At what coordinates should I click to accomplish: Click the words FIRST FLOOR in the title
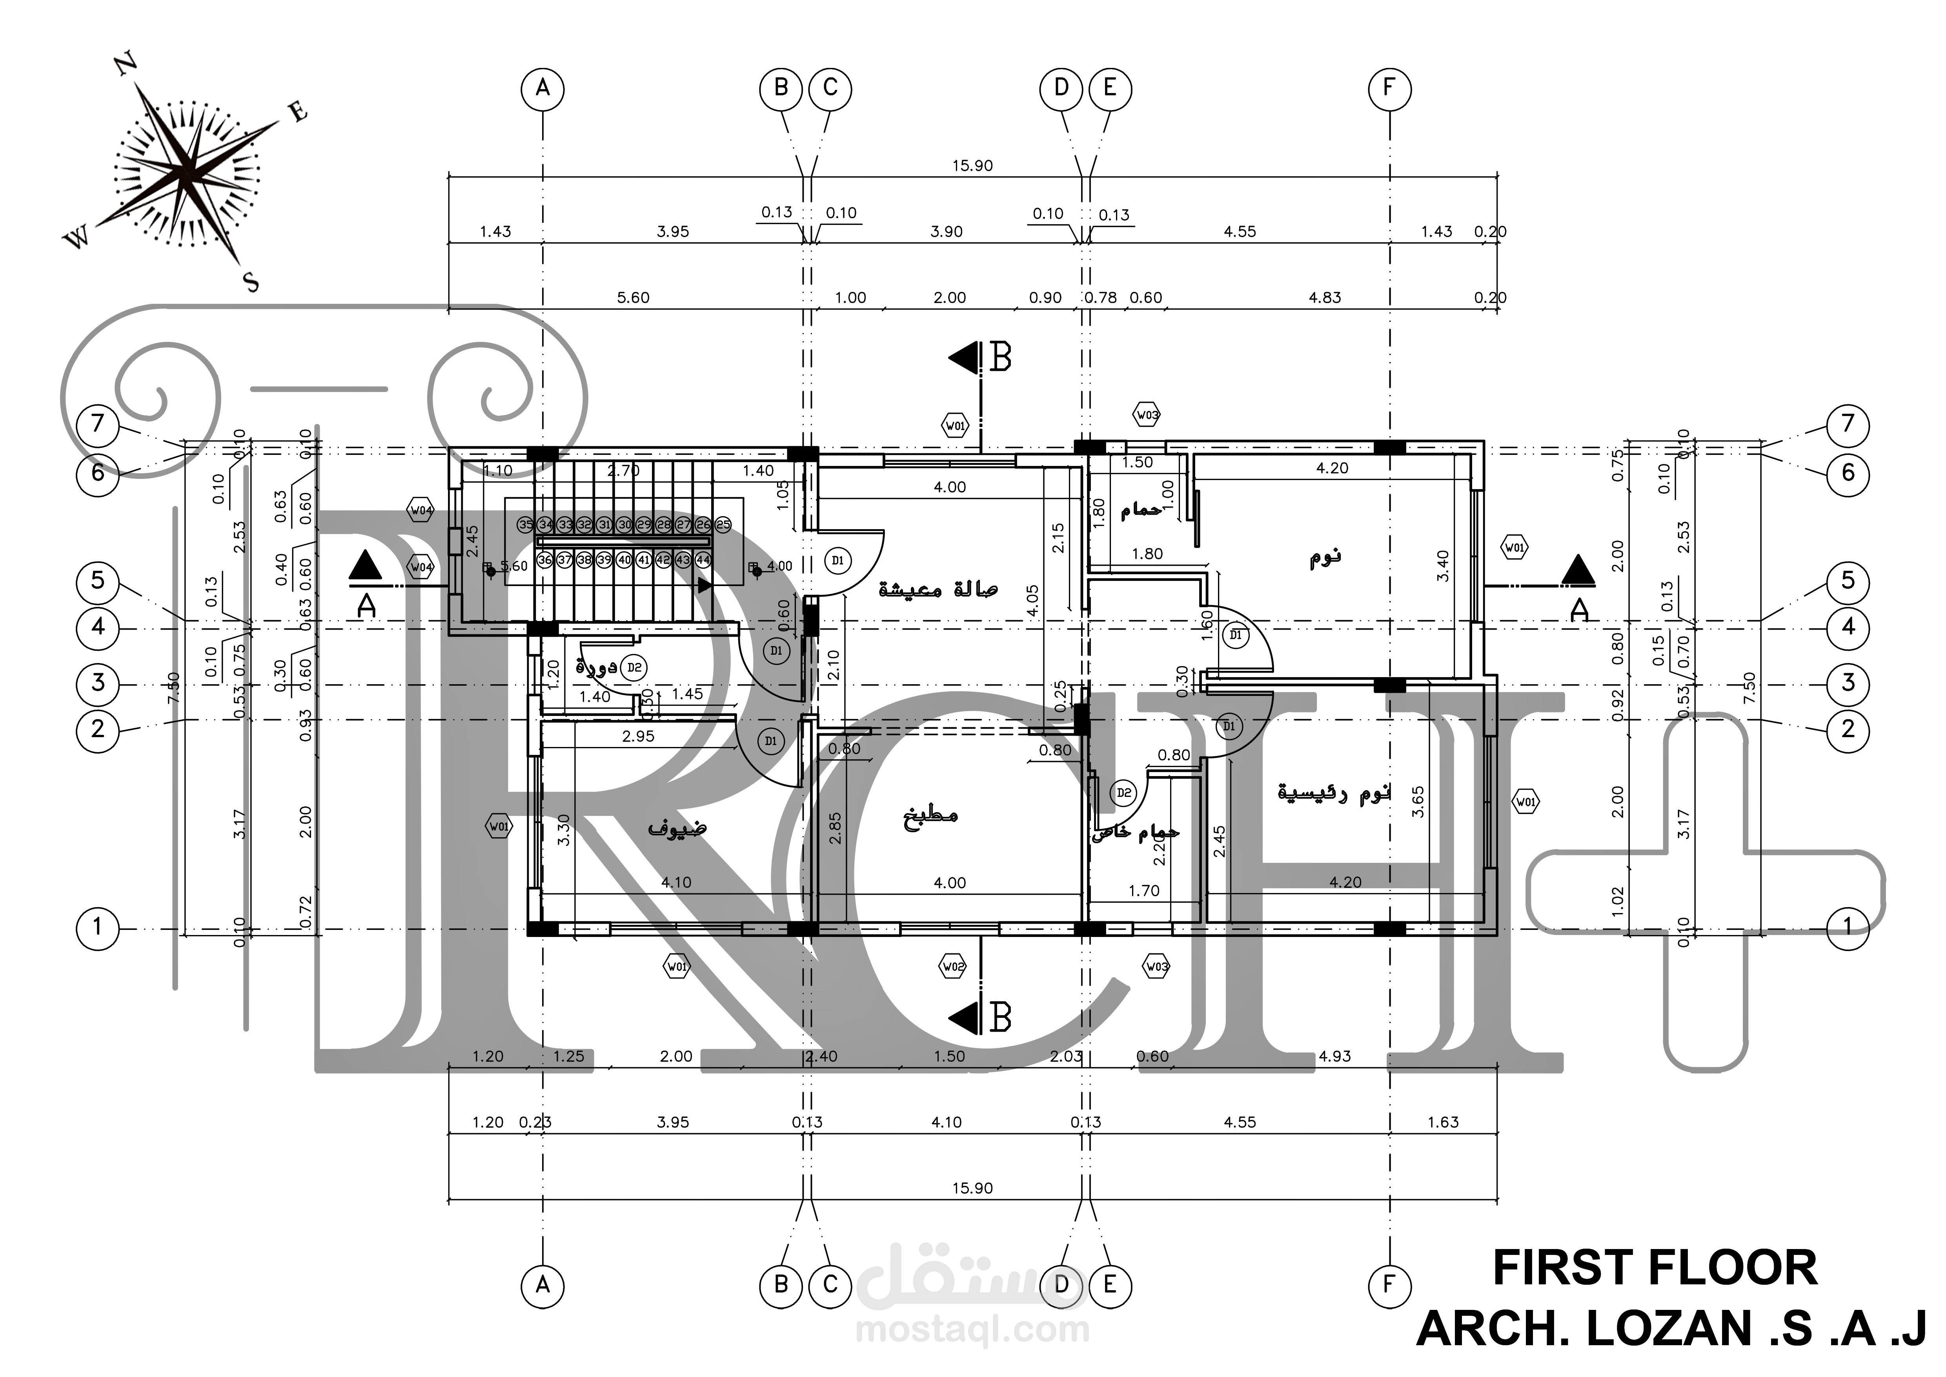1655,1269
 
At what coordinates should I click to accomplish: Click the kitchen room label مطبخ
930,816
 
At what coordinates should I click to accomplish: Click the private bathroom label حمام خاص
1134,833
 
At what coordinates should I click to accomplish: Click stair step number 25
723,525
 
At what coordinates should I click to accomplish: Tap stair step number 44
703,560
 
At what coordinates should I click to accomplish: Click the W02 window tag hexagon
954,967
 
